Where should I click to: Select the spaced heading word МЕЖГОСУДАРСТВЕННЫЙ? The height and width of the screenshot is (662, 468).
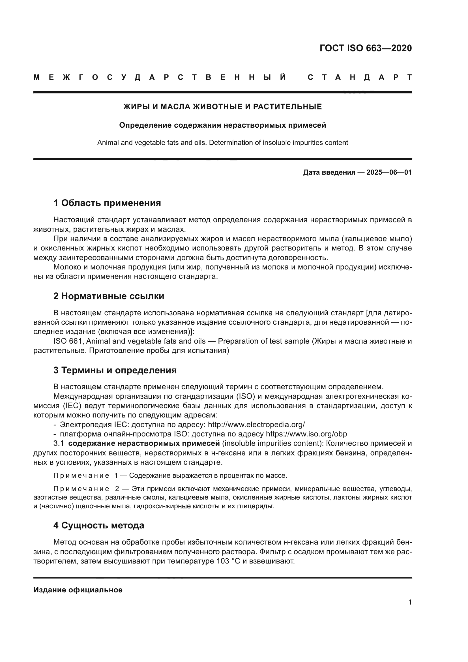160,78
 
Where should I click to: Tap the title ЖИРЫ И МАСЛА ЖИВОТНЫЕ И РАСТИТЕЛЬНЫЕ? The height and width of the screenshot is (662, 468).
222,107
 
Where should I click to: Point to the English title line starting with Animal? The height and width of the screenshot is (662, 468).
222,143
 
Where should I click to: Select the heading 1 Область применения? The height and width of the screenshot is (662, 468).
107,203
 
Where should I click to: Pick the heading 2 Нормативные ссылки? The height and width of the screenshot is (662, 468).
109,296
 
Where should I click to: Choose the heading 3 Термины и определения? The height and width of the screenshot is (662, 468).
115,370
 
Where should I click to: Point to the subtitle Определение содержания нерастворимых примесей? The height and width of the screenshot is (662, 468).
222,125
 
